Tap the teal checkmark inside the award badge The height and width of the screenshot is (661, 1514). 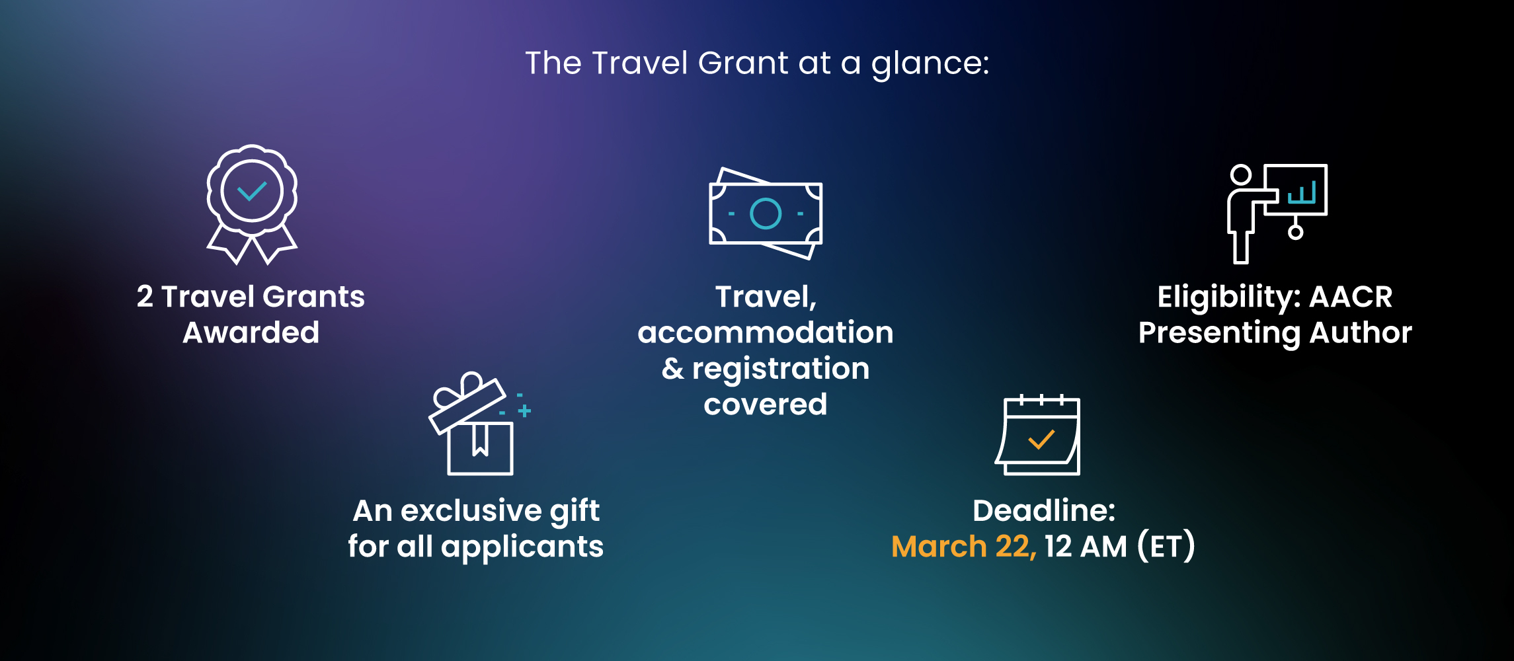[x=252, y=191]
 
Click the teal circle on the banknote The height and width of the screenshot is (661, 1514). [x=766, y=214]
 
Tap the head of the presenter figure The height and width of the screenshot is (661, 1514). [x=1241, y=175]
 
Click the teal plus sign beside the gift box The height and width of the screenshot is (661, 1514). [x=524, y=411]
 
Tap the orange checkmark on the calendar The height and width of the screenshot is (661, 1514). [x=1041, y=440]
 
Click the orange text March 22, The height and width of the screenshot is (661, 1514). [x=964, y=547]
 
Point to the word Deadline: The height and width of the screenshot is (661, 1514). [x=1044, y=510]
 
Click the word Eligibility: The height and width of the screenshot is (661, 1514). [x=1229, y=297]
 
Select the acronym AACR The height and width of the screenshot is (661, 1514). [x=1351, y=297]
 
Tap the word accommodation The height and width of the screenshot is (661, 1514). [x=766, y=332]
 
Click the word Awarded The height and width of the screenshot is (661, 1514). [x=251, y=332]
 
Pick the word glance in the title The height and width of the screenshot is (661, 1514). [x=930, y=64]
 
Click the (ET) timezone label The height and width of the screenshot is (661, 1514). [x=1166, y=546]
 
